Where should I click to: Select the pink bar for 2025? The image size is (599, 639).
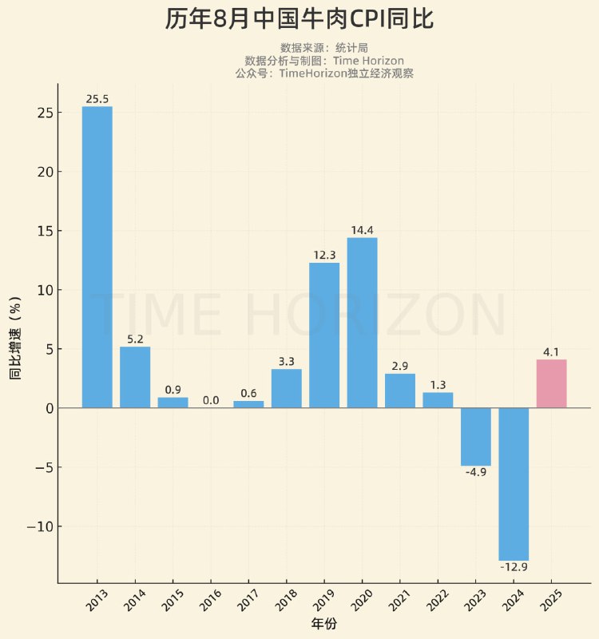(551, 383)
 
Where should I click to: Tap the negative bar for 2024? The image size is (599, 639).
(514, 484)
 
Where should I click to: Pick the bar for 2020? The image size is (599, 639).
(362, 323)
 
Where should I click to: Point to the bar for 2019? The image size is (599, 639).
(324, 335)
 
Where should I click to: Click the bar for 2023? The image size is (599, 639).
(476, 437)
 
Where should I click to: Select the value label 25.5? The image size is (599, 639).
(97, 100)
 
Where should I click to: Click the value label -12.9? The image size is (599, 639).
(514, 567)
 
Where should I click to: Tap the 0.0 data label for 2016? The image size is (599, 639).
(210, 401)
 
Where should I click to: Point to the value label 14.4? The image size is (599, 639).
(362, 231)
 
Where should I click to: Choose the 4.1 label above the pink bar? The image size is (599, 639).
(551, 352)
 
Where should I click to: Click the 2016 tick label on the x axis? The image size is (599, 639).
(210, 601)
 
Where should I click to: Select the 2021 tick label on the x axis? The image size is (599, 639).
(399, 601)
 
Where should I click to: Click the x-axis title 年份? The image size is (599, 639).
(323, 624)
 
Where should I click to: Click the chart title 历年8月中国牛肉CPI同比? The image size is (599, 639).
(299, 19)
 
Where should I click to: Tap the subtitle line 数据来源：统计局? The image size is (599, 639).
(323, 48)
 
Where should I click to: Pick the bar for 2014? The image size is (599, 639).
(135, 377)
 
